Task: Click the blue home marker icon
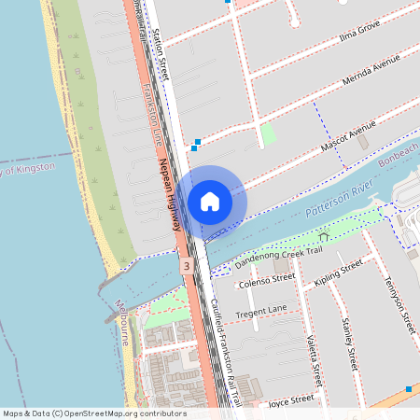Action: (210, 201)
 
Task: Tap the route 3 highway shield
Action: (188, 267)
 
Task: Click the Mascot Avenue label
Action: (348, 135)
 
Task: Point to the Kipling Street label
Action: (338, 273)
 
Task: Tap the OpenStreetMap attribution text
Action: (93, 413)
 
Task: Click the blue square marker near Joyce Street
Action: (409, 388)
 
